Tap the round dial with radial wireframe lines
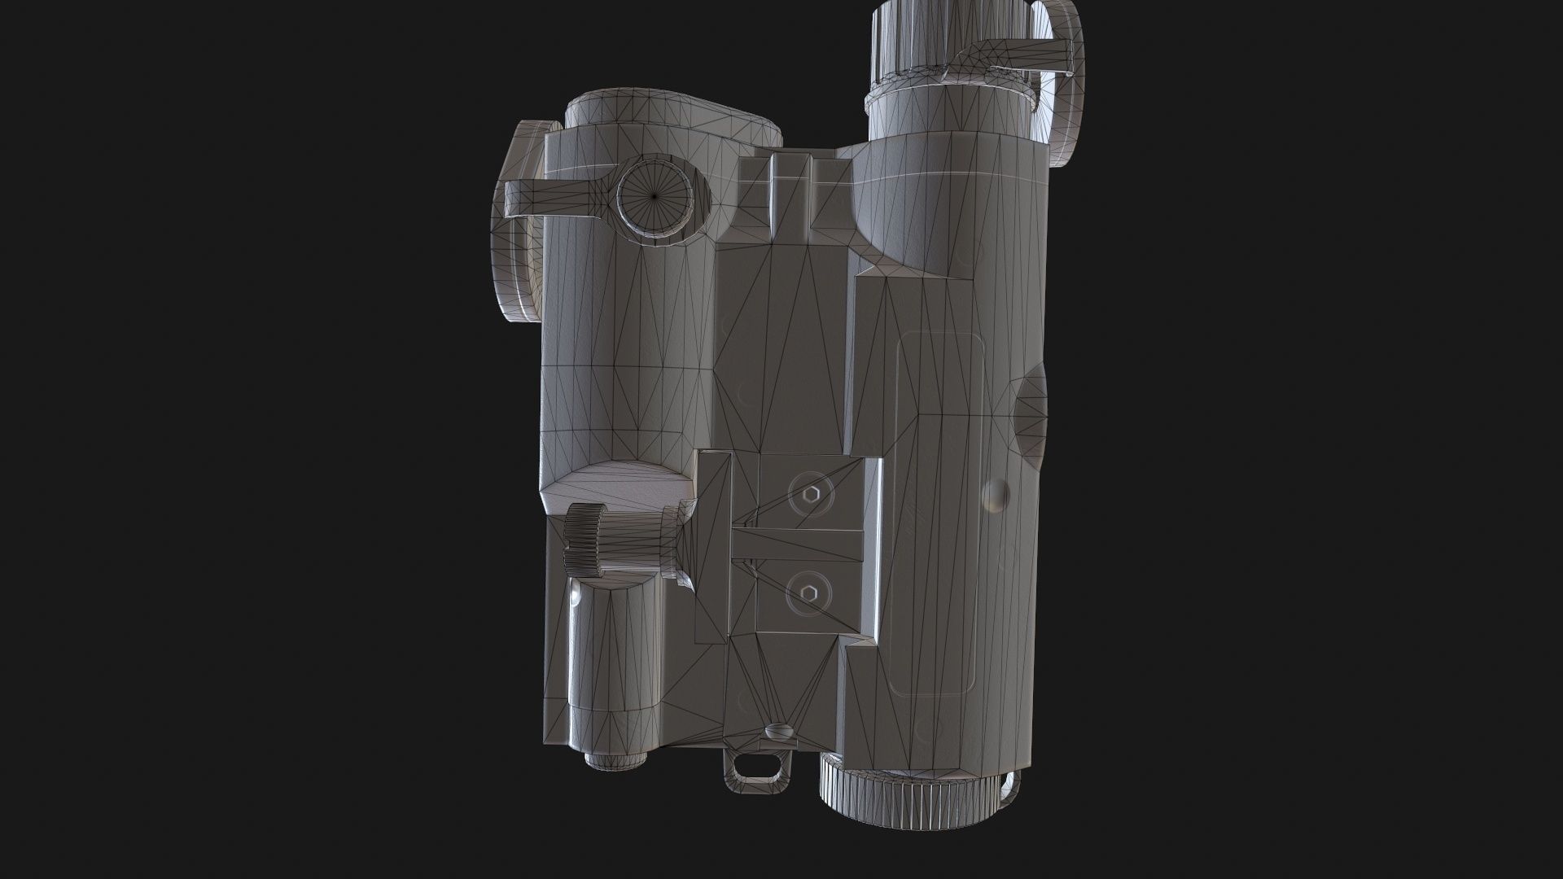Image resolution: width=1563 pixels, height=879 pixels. (x=655, y=196)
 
